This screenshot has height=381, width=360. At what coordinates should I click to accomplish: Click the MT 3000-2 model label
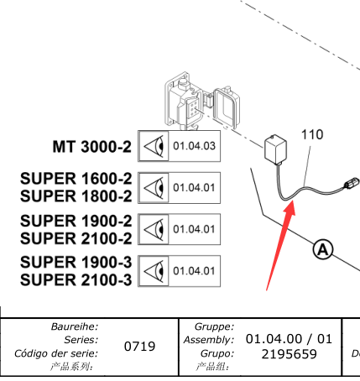(x=92, y=147)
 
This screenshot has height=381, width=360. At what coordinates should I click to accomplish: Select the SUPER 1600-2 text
(x=76, y=179)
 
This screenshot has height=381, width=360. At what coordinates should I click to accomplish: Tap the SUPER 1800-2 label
(x=76, y=196)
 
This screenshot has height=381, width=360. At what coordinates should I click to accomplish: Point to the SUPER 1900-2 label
(x=76, y=221)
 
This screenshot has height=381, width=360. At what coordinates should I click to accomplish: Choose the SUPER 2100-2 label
(x=76, y=238)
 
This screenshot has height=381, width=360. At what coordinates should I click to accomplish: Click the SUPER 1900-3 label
(x=76, y=262)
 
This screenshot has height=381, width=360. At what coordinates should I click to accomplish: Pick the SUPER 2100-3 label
(x=76, y=279)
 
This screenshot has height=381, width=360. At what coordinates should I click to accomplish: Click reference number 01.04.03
(x=195, y=146)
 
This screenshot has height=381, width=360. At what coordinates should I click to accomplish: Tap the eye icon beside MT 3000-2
(x=154, y=146)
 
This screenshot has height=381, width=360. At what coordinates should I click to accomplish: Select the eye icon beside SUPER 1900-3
(x=154, y=271)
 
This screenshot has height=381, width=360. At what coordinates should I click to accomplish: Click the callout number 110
(x=312, y=134)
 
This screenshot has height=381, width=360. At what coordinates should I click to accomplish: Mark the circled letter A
(x=323, y=249)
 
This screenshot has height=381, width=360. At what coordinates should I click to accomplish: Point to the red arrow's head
(x=290, y=207)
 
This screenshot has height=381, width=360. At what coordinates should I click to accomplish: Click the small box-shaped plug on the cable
(x=275, y=149)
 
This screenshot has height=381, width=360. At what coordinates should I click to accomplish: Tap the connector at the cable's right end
(x=352, y=183)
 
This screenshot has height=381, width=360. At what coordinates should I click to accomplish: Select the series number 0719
(x=139, y=347)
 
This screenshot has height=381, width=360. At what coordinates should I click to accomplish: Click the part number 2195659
(x=290, y=354)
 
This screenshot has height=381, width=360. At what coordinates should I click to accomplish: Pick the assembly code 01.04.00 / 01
(x=289, y=339)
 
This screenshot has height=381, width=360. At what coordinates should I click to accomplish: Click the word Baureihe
(x=75, y=326)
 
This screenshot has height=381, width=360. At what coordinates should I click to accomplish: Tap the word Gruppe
(x=214, y=326)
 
